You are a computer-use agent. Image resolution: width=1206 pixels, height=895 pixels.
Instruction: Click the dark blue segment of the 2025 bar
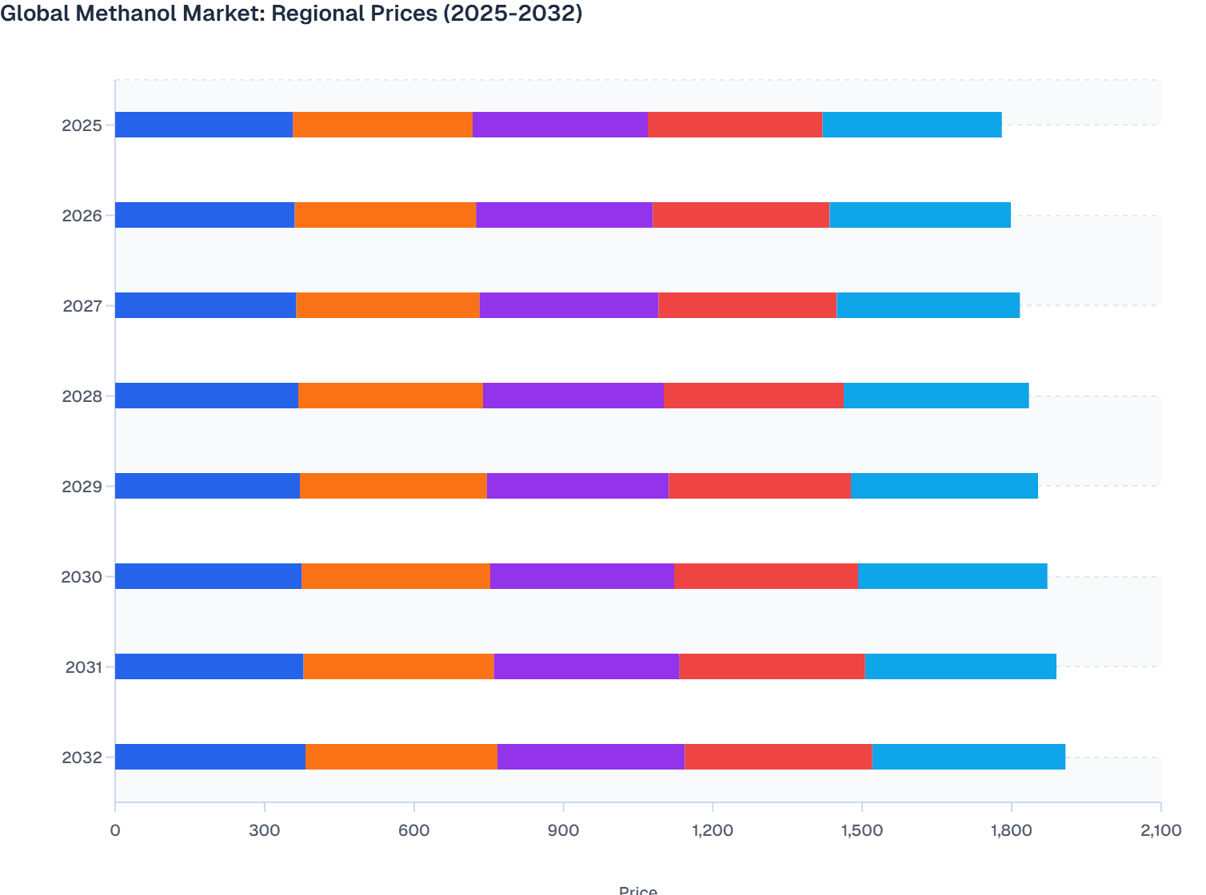tap(204, 125)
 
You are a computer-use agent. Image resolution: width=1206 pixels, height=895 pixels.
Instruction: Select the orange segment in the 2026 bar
tap(385, 215)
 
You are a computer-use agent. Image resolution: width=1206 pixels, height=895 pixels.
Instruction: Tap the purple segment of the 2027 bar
tap(569, 305)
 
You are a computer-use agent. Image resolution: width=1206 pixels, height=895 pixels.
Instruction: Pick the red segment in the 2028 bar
tap(753, 396)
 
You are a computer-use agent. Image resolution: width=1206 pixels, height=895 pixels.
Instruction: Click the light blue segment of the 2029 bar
tap(944, 486)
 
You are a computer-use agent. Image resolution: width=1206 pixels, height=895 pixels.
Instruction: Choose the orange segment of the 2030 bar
tap(396, 576)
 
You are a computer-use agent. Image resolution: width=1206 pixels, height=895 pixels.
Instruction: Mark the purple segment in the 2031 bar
tap(586, 666)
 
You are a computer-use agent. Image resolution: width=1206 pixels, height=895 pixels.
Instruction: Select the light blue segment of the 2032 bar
tap(968, 757)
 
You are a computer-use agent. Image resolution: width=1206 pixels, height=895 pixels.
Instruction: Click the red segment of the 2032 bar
tap(778, 757)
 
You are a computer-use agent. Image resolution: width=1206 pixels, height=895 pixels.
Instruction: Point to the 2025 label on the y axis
tap(82, 125)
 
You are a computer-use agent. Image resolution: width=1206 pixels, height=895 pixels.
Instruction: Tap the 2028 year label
tap(82, 396)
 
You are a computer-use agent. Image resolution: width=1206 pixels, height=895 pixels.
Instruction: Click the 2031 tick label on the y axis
tap(83, 667)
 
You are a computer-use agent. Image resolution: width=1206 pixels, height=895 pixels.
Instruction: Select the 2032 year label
tap(82, 758)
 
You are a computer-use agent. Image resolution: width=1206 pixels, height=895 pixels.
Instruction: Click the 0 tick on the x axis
tap(115, 830)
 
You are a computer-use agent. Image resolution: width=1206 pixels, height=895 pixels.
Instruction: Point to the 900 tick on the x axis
tap(563, 830)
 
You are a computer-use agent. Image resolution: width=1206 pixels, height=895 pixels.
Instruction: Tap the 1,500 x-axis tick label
tap(861, 830)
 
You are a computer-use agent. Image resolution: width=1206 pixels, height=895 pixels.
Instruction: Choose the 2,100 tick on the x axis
tap(1160, 830)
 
